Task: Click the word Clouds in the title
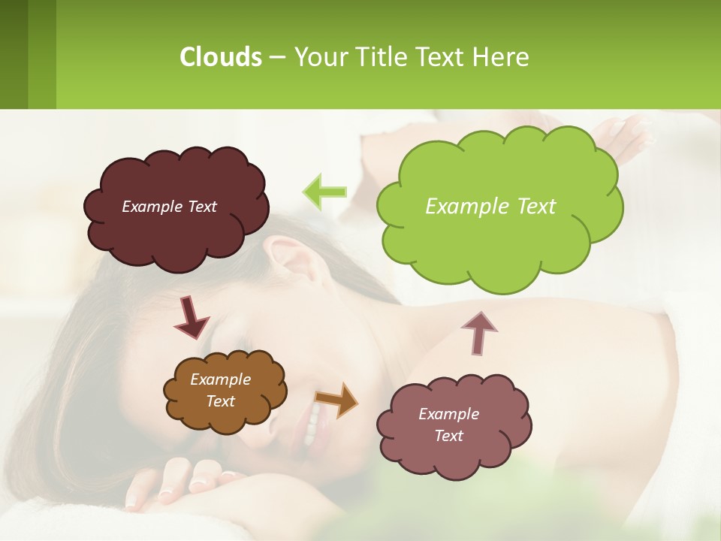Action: point(220,57)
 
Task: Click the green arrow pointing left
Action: point(324,192)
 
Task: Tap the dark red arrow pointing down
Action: point(192,317)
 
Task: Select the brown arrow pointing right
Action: point(336,400)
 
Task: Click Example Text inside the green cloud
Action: point(490,207)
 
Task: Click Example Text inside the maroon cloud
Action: point(169,207)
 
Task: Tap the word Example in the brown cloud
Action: point(220,379)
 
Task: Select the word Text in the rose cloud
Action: point(448,436)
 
